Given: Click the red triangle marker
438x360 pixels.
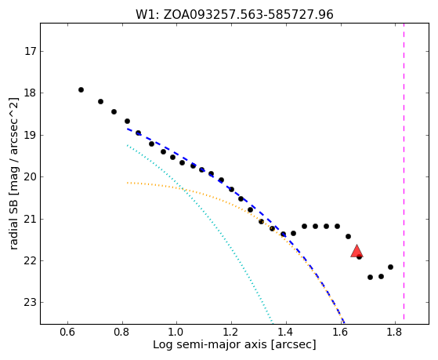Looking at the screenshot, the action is point(357,251).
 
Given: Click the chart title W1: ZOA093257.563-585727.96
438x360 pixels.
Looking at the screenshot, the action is point(234,14).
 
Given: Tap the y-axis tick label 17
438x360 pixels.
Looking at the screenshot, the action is point(31,52).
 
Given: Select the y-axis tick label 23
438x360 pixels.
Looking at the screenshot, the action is point(31,303).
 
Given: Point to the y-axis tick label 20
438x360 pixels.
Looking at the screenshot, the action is point(31,177).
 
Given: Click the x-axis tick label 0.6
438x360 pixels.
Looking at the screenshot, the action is point(67,333).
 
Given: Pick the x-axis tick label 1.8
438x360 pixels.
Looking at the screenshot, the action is point(395,333).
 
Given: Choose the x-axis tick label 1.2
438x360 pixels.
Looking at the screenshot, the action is point(231,333).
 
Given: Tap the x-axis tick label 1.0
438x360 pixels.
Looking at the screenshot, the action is point(176,333).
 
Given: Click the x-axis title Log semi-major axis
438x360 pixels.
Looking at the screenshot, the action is point(210,344).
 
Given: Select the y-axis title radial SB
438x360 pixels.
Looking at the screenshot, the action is point(13,225).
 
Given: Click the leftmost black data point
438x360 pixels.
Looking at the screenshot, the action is point(81,89).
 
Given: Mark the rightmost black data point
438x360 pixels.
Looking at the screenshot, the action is point(390,267).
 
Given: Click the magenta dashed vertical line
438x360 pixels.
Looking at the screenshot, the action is point(404,171).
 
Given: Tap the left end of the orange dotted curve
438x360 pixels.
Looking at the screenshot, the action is point(128,183).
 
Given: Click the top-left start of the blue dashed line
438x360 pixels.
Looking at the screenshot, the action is point(128,129).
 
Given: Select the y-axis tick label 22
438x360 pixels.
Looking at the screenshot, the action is point(31,260).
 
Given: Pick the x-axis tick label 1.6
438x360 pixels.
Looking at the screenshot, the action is point(340,333).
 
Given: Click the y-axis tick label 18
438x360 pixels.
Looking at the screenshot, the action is point(31,93).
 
